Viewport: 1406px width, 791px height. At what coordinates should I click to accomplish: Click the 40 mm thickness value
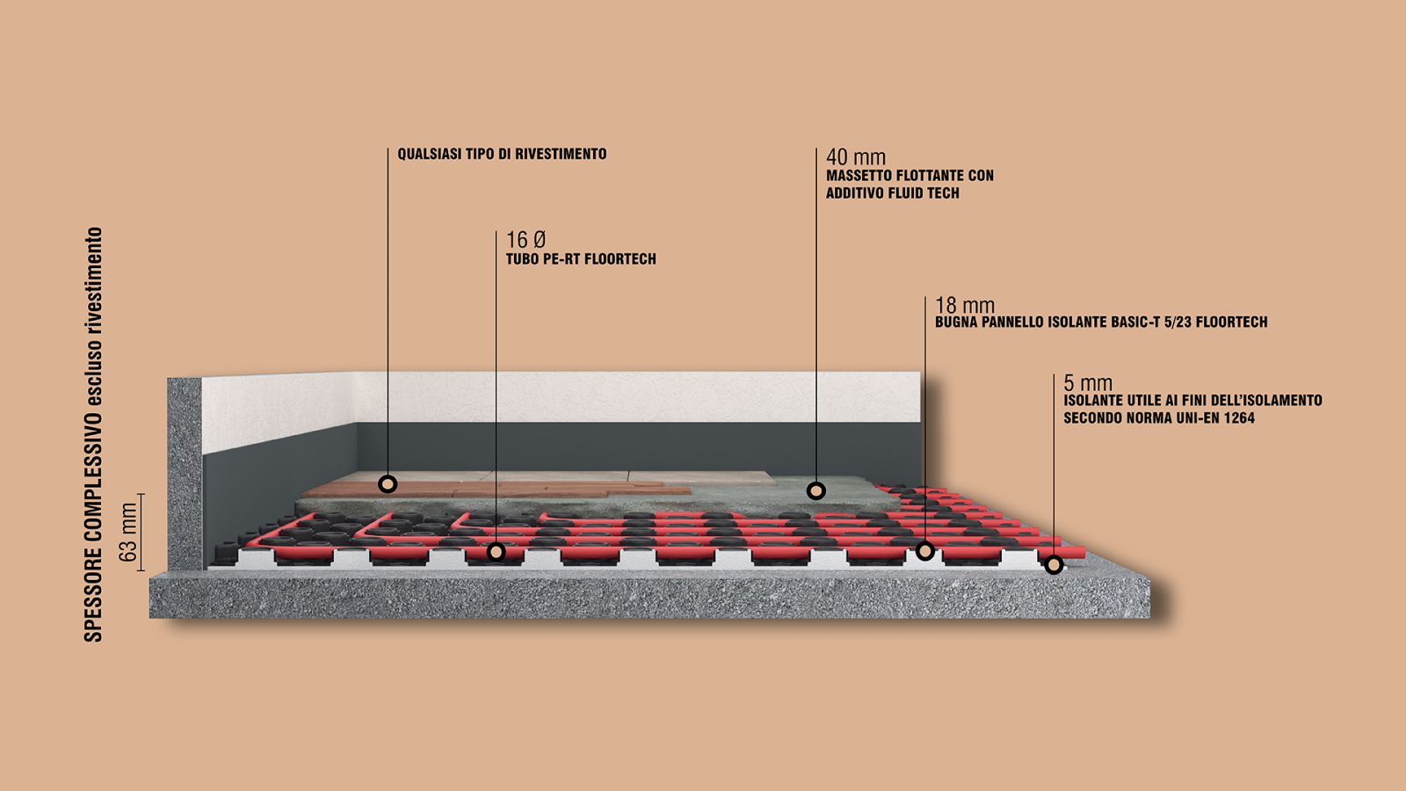(855, 157)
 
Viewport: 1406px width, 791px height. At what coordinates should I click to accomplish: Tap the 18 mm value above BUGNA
(964, 305)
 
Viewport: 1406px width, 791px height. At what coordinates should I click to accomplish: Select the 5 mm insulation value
(1087, 383)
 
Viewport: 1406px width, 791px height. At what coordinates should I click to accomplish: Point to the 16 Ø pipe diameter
(525, 240)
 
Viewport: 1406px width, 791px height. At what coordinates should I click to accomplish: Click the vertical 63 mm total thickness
(128, 533)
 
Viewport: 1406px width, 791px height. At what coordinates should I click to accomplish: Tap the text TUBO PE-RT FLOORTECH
(580, 259)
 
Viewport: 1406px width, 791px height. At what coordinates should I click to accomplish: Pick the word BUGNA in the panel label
(956, 323)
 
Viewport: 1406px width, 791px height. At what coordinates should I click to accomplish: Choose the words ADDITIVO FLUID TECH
(892, 193)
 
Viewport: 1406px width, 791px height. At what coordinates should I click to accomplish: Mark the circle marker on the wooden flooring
(388, 483)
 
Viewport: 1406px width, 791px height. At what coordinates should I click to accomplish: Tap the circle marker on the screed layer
(816, 490)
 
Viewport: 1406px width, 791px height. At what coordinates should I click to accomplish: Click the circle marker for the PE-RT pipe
(496, 552)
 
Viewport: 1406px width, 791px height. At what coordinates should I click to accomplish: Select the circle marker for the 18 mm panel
(924, 550)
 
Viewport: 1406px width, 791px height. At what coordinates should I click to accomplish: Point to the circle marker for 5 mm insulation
(1054, 565)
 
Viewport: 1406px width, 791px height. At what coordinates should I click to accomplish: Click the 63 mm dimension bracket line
(141, 533)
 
